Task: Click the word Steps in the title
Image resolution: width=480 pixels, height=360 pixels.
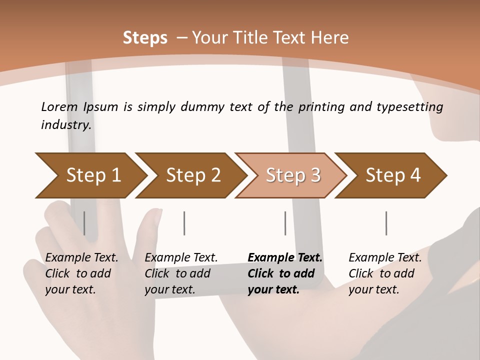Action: [x=145, y=38]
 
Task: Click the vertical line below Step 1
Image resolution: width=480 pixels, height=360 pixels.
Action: [x=84, y=223]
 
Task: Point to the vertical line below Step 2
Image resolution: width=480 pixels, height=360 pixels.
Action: [x=184, y=223]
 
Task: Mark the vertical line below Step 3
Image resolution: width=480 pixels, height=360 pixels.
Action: [x=285, y=223]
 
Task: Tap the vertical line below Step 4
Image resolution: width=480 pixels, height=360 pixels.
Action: [x=386, y=223]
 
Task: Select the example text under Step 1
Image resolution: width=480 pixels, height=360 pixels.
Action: [x=81, y=273]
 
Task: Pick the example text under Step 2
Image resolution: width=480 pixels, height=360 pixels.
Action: [x=181, y=273]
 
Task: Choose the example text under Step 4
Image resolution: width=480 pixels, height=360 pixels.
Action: [x=385, y=273]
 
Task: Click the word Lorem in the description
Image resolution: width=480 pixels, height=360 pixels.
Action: [x=59, y=106]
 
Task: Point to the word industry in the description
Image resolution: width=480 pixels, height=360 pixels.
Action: [x=65, y=124]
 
